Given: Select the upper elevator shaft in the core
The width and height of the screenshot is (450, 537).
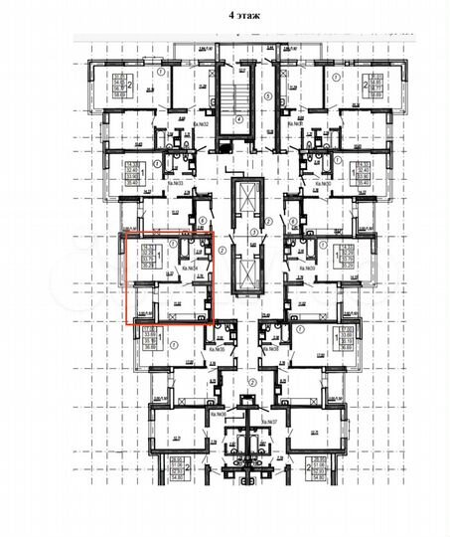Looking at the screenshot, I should click(x=239, y=204).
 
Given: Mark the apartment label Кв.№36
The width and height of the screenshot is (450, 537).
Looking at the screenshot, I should click(x=211, y=410).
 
